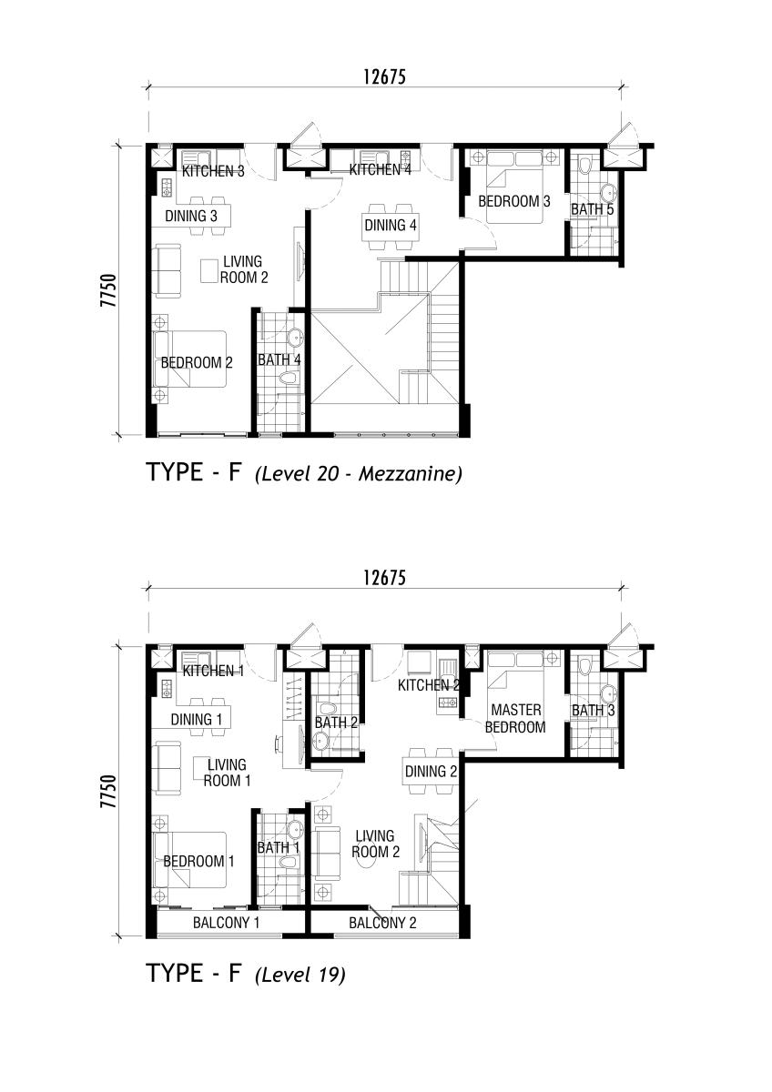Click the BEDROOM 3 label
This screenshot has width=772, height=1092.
[x=514, y=201]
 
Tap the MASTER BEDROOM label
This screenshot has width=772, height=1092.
[x=515, y=718]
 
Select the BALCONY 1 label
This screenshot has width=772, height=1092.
[x=227, y=923]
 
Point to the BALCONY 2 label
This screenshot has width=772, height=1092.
[x=382, y=923]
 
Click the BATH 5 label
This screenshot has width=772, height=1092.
[x=593, y=209]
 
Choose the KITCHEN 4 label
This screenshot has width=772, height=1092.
[x=381, y=169]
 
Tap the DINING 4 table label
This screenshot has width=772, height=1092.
[x=391, y=226]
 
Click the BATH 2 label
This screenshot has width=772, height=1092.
[x=336, y=723]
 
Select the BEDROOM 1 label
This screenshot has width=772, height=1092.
[x=199, y=861]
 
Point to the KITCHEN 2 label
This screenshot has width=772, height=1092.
[x=429, y=685]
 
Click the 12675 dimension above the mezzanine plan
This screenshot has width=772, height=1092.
[x=384, y=77]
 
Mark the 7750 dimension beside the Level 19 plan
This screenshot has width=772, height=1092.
[x=108, y=791]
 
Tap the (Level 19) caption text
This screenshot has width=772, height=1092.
[x=300, y=975]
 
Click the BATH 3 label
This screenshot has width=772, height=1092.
[x=593, y=711]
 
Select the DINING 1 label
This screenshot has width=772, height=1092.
[x=197, y=719]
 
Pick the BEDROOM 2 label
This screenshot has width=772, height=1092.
[x=197, y=362]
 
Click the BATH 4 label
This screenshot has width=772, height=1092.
[x=279, y=359]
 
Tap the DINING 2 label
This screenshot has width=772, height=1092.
[x=432, y=772]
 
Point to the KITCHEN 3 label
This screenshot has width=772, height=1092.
[x=213, y=171]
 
